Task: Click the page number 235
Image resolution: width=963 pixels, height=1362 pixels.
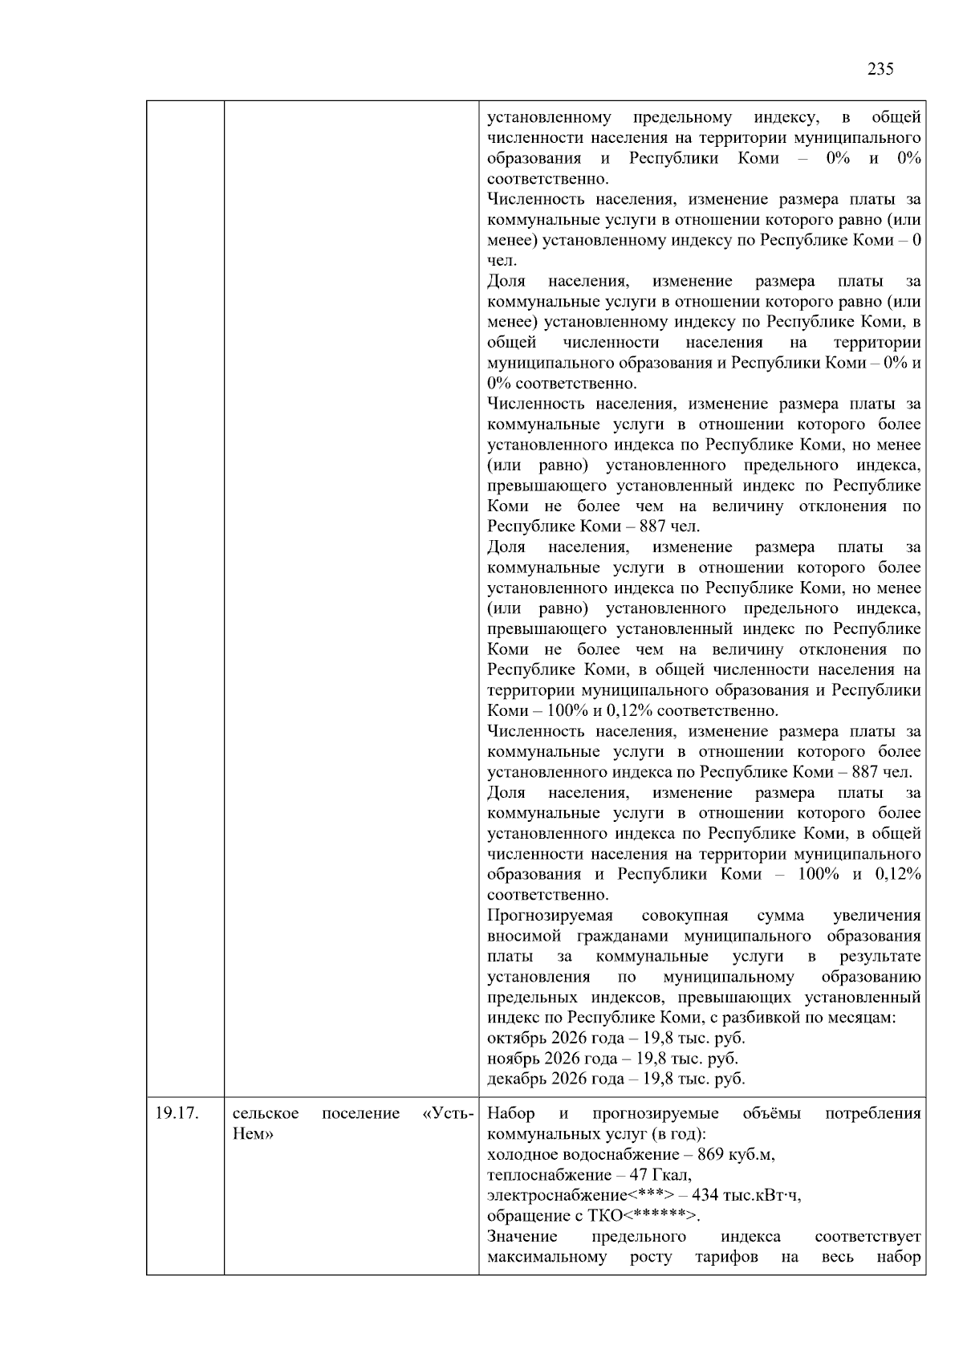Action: coord(880,69)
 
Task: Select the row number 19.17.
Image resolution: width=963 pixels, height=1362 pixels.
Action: coord(177,1113)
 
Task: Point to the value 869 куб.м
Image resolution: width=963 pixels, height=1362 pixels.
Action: coord(736,1155)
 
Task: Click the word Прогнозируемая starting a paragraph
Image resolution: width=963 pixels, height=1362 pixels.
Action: coord(550,916)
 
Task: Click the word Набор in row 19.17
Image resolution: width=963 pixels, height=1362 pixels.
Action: coord(510,1113)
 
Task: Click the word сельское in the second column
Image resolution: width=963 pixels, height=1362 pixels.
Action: coord(266,1113)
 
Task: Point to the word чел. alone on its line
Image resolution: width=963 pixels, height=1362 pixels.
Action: coord(502,261)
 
